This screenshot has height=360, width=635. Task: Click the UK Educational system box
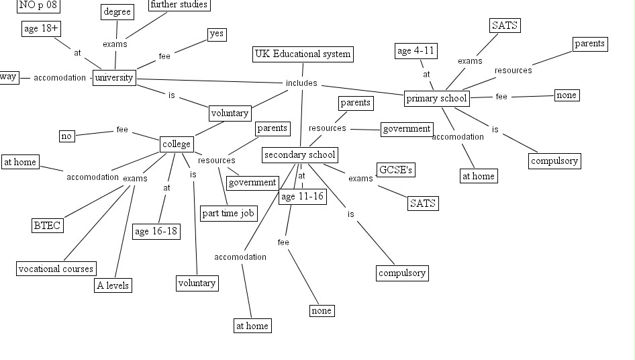click(x=303, y=54)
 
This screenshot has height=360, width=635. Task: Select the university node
click(x=114, y=78)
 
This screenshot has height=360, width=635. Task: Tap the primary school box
click(x=436, y=99)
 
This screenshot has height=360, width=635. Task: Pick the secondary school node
click(x=299, y=155)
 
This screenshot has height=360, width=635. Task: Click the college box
click(x=177, y=144)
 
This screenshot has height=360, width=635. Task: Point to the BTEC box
click(x=48, y=226)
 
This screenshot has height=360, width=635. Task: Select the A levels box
click(x=112, y=285)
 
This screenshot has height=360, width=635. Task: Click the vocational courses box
click(x=56, y=269)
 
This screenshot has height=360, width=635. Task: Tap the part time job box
click(x=228, y=214)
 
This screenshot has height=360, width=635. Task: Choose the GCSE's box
click(x=395, y=170)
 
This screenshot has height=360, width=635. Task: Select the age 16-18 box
click(x=156, y=232)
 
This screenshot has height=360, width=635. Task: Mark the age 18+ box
click(x=40, y=29)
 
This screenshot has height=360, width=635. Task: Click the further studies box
click(x=179, y=5)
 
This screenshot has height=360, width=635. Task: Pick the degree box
click(x=117, y=11)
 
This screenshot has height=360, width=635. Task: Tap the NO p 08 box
click(x=38, y=5)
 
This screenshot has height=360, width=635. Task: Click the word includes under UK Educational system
click(x=301, y=83)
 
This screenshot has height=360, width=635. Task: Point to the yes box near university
click(x=216, y=34)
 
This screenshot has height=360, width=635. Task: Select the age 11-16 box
click(x=302, y=197)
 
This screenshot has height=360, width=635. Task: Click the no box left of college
click(x=66, y=136)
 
